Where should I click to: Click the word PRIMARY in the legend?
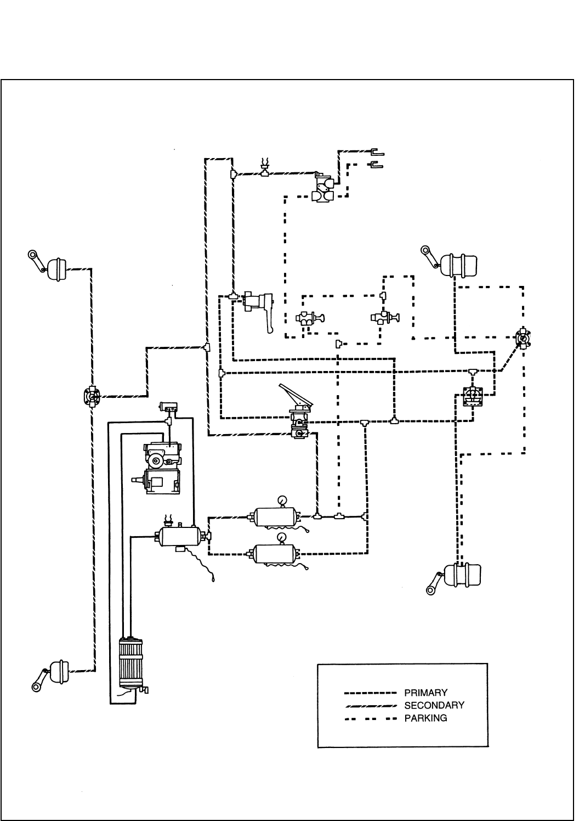pyautogui.click(x=425, y=693)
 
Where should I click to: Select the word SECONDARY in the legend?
pyautogui.click(x=434, y=705)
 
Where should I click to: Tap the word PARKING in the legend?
pyautogui.click(x=425, y=718)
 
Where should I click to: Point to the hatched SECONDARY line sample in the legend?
pyautogui.click(x=370, y=705)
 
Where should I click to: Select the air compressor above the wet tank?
pyautogui.click(x=162, y=468)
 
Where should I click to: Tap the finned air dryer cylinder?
pyautogui.click(x=130, y=664)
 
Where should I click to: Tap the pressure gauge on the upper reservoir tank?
pyautogui.click(x=282, y=500)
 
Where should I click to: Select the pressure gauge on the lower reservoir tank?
pyautogui.click(x=282, y=537)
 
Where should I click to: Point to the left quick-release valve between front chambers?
pyautogui.click(x=92, y=397)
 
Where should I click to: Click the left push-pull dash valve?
pyautogui.click(x=309, y=318)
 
